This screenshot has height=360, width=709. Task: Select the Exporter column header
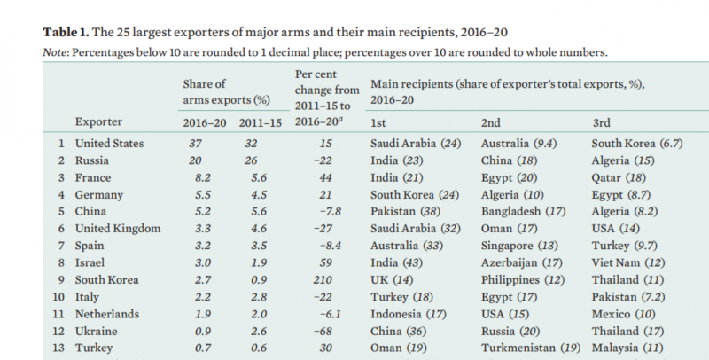pyautogui.click(x=98, y=121)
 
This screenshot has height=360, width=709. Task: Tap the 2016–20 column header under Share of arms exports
pyautogui.click(x=203, y=121)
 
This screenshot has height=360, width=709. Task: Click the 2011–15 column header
pyautogui.click(x=257, y=121)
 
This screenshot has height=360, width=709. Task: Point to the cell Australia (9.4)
pyautogui.click(x=521, y=142)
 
